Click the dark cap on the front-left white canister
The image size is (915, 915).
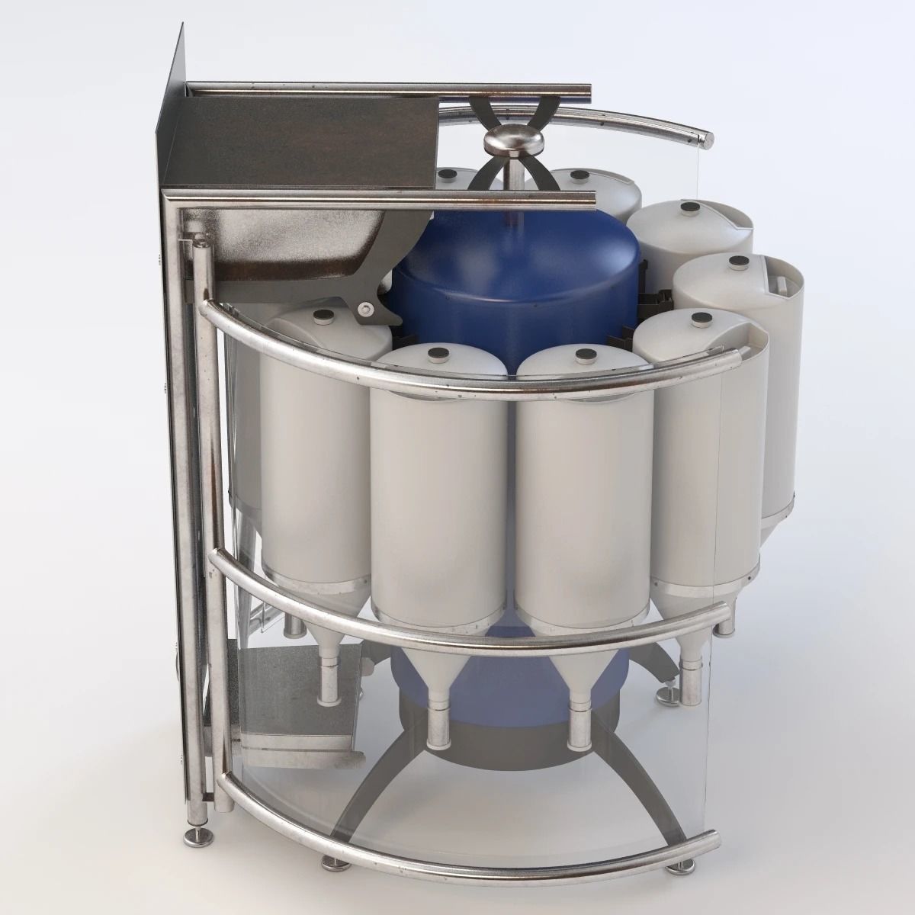point(439,353)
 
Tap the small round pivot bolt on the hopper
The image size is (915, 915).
point(369,309)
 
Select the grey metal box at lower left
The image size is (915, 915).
point(282,701)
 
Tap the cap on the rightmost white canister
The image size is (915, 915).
point(737,262)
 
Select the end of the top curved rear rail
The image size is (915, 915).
point(705,140)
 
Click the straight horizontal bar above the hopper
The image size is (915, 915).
point(389,88)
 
